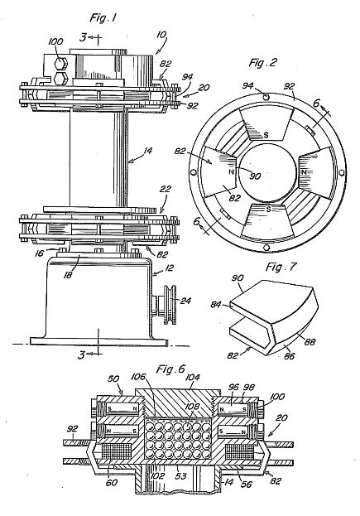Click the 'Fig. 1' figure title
tap(103, 17)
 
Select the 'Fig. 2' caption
tap(263, 62)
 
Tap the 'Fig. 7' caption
tap(281, 267)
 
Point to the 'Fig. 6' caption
tap(171, 369)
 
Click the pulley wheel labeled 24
tap(170, 305)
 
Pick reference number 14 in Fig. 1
tap(147, 151)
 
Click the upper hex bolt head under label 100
tap(60, 64)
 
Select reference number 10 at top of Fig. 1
tap(161, 36)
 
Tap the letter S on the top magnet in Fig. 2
tap(266, 135)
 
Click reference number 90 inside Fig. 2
tap(255, 176)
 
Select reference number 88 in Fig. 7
tap(310, 342)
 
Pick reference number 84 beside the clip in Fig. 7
tap(216, 306)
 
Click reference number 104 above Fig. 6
tap(192, 377)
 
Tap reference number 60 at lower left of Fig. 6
tap(112, 482)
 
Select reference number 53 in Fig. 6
tap(180, 476)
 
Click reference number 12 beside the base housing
tap(170, 268)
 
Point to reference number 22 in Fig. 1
tap(166, 189)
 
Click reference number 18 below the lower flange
tap(68, 275)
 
